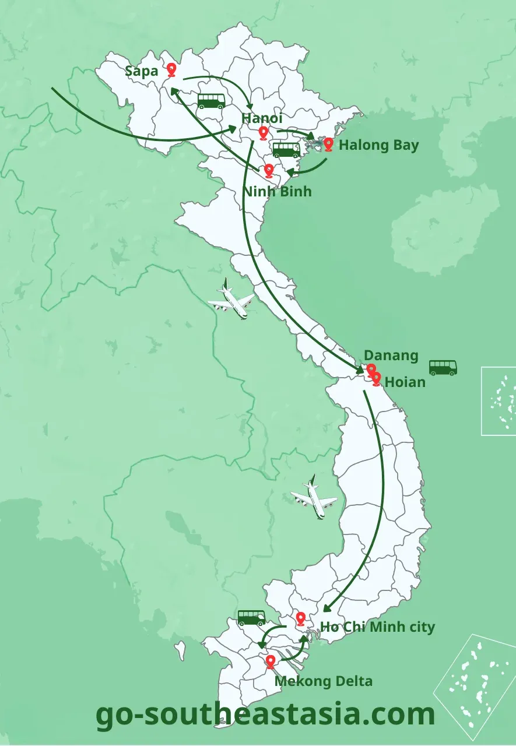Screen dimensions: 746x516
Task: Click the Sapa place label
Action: click(142, 71)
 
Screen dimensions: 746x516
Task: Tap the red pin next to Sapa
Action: click(171, 70)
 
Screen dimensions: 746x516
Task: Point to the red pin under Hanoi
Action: click(263, 133)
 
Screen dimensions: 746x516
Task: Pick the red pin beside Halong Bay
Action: click(328, 144)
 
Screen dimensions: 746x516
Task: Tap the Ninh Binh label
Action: click(277, 191)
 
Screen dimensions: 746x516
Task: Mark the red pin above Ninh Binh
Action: click(269, 170)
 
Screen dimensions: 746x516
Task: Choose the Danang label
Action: click(391, 356)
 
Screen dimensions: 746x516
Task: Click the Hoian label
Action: click(405, 382)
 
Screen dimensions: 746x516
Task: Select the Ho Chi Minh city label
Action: click(377, 627)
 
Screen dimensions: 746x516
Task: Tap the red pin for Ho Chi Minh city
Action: click(301, 619)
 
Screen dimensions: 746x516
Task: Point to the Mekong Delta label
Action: click(323, 681)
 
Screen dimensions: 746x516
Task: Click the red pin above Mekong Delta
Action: click(270, 661)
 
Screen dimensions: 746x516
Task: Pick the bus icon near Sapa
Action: click(211, 101)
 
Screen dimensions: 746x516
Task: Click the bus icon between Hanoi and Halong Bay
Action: click(286, 150)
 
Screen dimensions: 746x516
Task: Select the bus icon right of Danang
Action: click(443, 368)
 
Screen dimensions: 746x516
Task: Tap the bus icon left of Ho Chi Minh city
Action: click(251, 618)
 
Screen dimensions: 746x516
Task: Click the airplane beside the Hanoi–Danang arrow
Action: click(231, 300)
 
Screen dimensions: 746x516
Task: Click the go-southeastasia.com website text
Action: click(265, 714)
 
